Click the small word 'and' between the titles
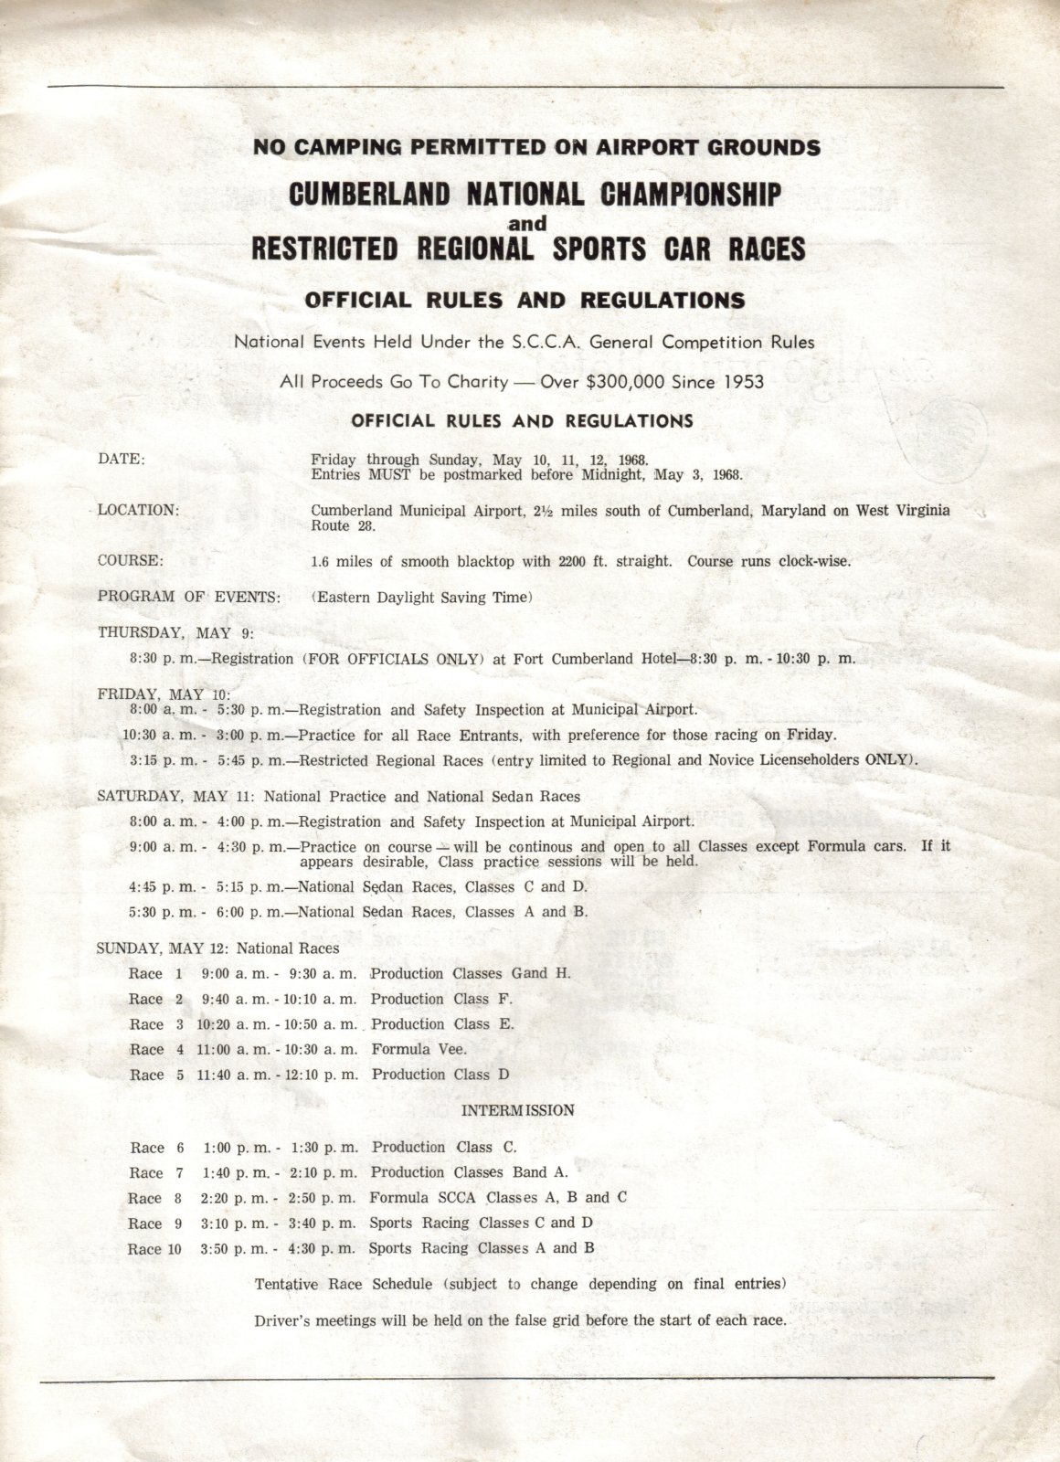pos(527,223)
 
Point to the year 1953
pos(743,382)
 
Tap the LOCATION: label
pos(139,510)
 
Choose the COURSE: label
pos(131,560)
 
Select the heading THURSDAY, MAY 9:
pos(175,632)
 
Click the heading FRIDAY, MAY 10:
pos(164,694)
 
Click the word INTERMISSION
pos(518,1110)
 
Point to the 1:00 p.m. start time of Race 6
pos(237,1148)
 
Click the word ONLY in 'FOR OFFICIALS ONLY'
pos(452,659)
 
